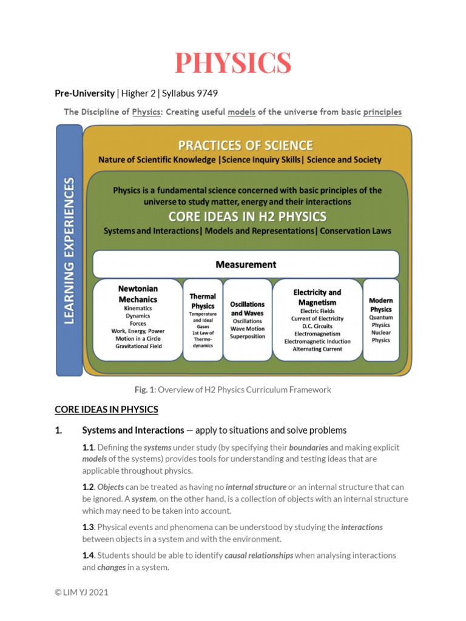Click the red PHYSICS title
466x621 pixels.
233,63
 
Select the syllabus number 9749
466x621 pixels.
206,93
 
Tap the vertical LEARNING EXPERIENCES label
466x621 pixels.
69,250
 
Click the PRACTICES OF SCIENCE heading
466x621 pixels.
245,146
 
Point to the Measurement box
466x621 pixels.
246,264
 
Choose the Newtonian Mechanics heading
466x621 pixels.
138,294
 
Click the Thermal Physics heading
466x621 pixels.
203,301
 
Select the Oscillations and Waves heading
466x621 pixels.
248,308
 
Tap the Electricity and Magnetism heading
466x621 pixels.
317,297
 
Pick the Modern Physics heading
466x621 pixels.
380,305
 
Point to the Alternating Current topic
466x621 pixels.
317,349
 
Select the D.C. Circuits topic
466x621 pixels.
317,326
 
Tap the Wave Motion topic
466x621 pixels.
248,329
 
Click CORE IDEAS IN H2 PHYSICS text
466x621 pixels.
247,217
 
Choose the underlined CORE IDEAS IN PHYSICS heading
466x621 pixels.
106,409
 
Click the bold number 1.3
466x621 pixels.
89,527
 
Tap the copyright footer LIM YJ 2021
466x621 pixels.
81,592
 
